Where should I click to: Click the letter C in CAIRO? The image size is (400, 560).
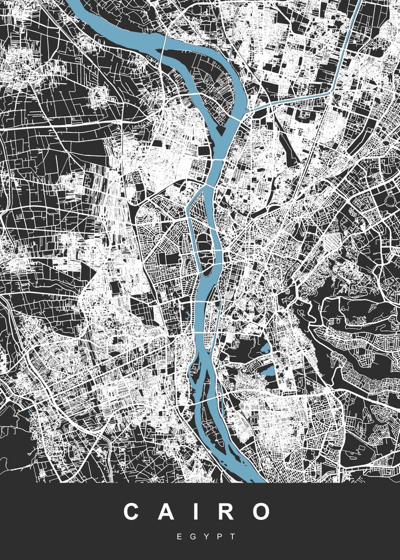click(133, 512)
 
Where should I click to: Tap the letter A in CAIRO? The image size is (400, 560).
click(167, 512)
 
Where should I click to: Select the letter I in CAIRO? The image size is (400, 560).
click(196, 512)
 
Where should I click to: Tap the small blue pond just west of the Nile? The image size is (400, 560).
click(185, 315)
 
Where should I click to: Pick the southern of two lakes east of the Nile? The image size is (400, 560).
click(269, 372)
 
